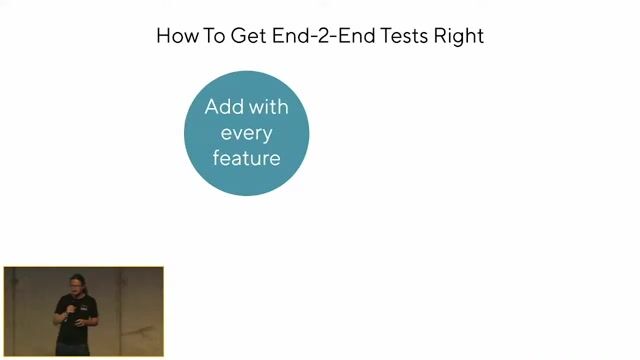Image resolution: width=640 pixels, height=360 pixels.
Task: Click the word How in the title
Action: [x=178, y=36]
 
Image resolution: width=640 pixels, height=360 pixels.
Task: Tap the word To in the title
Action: [x=221, y=36]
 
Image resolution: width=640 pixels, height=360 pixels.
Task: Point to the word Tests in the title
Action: [x=410, y=36]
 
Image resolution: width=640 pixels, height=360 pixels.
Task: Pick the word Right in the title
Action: [x=462, y=36]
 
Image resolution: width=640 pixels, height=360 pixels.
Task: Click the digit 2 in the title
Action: [x=325, y=36]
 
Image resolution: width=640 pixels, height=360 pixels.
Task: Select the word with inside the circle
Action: [x=268, y=107]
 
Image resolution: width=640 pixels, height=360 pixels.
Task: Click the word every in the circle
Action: [x=246, y=132]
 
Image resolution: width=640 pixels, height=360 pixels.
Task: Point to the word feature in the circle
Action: [x=246, y=157]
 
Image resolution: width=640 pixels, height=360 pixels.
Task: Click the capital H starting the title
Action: [x=164, y=36]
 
